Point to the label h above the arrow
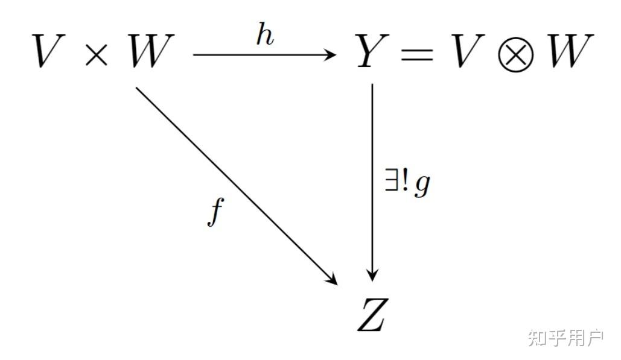[x=264, y=36]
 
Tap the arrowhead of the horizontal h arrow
[x=331, y=55]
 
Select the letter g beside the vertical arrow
[x=422, y=186]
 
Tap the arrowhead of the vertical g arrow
[x=372, y=276]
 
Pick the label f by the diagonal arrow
[x=214, y=213]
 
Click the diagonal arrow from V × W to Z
[x=235, y=184]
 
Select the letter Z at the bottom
[x=371, y=315]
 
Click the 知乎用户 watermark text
[x=565, y=338]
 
